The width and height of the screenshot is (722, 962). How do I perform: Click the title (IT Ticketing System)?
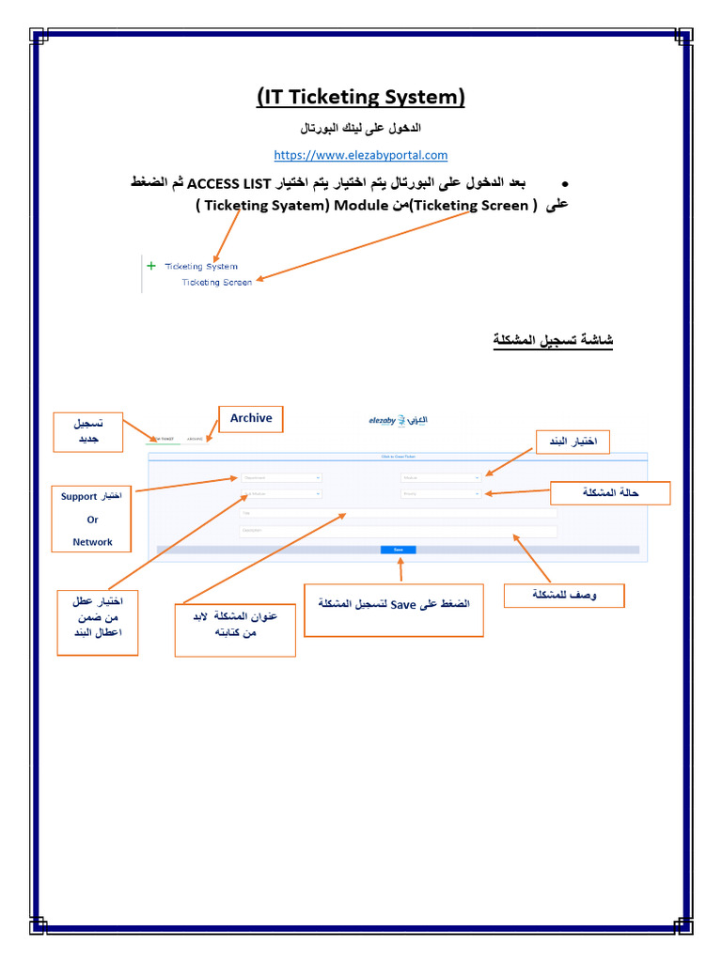pyautogui.click(x=360, y=97)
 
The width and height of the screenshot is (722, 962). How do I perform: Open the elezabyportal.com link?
pyautogui.click(x=360, y=155)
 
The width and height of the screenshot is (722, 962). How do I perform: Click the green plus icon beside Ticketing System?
pyautogui.click(x=151, y=266)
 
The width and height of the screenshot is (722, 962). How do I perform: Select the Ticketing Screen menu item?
pyautogui.click(x=216, y=282)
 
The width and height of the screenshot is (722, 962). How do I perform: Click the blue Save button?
pyautogui.click(x=398, y=550)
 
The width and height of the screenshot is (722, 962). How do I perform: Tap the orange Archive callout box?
pyautogui.click(x=251, y=419)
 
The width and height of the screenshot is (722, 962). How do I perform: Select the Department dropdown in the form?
pyautogui.click(x=281, y=477)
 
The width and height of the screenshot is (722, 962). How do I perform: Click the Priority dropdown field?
pyautogui.click(x=441, y=493)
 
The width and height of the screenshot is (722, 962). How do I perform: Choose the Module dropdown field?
pyautogui.click(x=441, y=477)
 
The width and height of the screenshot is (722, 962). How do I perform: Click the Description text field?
pyautogui.click(x=398, y=531)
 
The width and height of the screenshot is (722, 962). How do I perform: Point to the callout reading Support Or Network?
pyautogui.click(x=92, y=519)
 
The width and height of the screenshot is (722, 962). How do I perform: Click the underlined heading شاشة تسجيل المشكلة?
pyautogui.click(x=553, y=339)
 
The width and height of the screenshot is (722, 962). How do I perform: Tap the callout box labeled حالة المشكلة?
pyautogui.click(x=610, y=493)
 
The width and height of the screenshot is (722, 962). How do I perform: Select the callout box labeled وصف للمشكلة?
pyautogui.click(x=564, y=596)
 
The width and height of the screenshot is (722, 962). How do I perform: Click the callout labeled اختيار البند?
pyautogui.click(x=573, y=442)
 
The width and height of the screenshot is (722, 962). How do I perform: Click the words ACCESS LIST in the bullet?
pyautogui.click(x=229, y=181)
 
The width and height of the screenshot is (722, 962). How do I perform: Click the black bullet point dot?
pyautogui.click(x=565, y=182)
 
